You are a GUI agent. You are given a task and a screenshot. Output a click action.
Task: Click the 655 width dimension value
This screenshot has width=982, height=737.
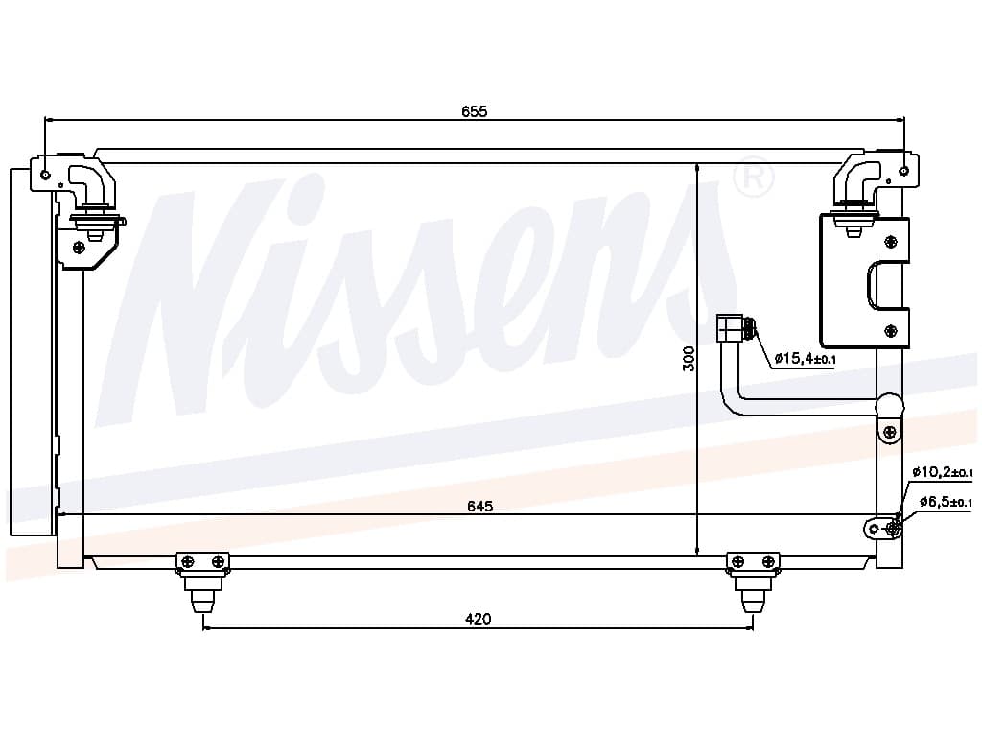point(475,111)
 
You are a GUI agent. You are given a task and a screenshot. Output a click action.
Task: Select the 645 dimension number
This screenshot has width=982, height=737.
point(479,506)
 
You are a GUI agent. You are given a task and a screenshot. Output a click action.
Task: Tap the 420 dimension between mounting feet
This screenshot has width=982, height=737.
point(478,619)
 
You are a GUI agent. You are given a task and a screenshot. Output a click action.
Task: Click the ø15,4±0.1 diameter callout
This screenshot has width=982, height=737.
point(806,359)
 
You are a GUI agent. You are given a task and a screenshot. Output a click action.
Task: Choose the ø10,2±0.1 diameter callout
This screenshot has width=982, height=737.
point(942,472)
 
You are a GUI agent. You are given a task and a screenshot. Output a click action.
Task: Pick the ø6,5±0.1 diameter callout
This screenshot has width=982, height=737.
point(946,502)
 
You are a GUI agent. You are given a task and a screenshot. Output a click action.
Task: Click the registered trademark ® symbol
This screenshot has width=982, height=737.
point(753,178)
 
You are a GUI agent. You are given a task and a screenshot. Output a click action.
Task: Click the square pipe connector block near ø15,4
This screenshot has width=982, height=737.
point(731,329)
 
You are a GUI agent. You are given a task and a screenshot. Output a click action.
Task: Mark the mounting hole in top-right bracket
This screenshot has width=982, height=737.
point(903,172)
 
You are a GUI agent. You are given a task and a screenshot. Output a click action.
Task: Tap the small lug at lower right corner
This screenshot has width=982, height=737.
point(883,527)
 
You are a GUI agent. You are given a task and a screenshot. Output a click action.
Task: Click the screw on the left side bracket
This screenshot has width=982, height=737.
point(79,248)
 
